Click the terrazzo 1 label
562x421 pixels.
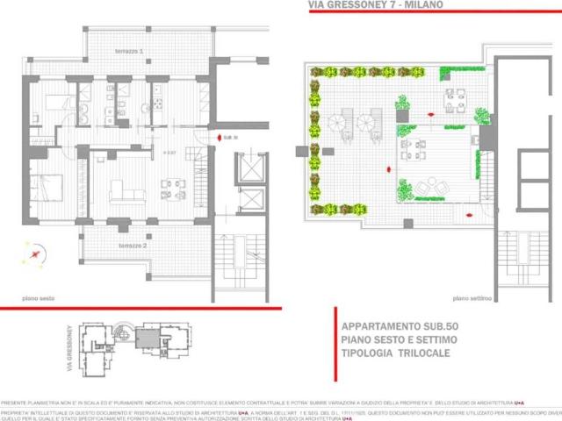[129, 53]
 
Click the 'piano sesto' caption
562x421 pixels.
[40, 298]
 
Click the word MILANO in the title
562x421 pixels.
[419, 5]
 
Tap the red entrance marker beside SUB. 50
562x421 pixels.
[217, 139]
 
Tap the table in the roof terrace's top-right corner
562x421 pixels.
[454, 101]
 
